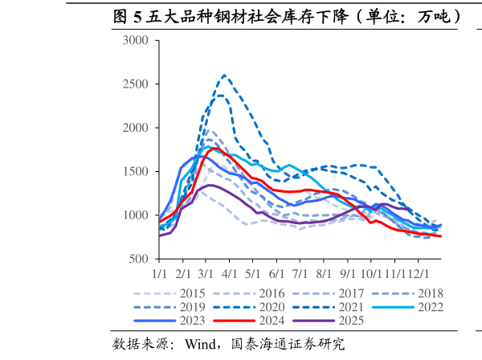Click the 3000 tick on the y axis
coord(135,40)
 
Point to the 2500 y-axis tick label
coord(135,84)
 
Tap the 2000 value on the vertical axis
coord(135,128)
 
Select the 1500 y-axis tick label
coord(135,171)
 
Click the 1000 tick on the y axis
coord(135,215)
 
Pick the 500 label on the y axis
coord(138,259)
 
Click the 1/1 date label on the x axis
coord(159,273)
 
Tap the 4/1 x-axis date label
coord(230,273)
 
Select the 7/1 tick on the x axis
coord(300,273)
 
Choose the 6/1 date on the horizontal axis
coord(277,273)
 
